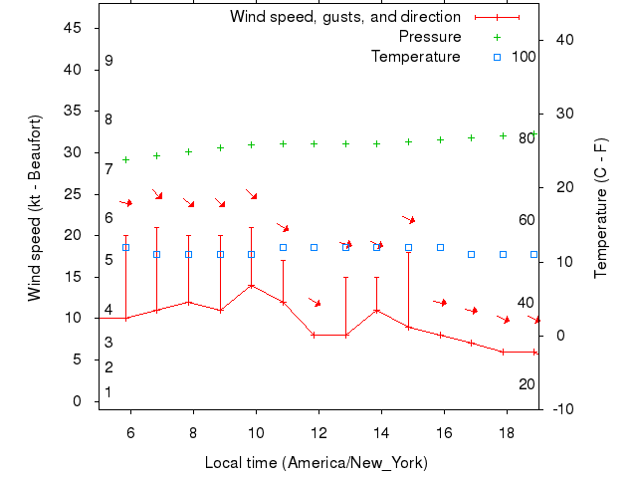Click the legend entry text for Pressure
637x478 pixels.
click(430, 37)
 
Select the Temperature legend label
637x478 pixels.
click(415, 57)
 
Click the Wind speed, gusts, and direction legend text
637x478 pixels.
click(344, 17)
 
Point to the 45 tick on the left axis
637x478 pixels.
click(73, 28)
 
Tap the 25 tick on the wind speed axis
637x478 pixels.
click(73, 194)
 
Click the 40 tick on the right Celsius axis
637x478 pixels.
click(564, 40)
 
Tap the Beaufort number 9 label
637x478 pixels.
click(108, 61)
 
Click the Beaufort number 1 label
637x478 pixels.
click(108, 392)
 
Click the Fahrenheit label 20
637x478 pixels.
click(527, 383)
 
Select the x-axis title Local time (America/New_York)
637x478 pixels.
click(316, 463)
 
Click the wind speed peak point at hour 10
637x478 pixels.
click(252, 285)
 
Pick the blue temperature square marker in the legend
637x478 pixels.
click(498, 57)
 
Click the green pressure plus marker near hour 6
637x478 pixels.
click(125, 159)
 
